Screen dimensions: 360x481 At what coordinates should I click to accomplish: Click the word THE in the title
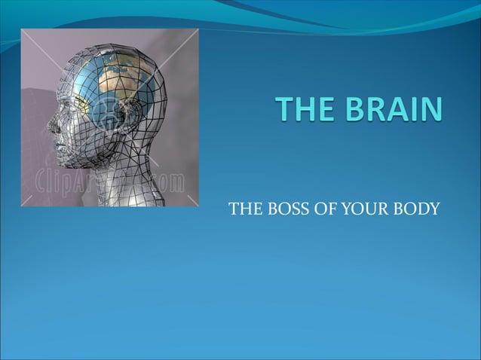304,111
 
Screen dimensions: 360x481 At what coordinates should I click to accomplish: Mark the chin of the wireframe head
66,159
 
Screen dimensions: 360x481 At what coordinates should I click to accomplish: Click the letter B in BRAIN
351,111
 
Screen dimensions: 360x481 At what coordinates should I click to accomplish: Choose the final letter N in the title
430,111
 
